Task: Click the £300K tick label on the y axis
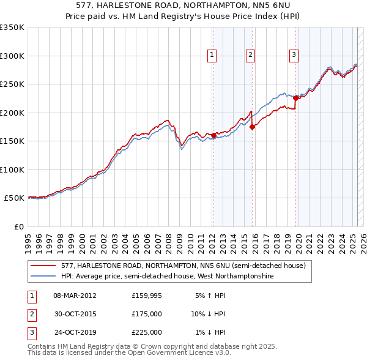[x=12, y=56]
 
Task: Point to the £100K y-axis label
[x=12, y=169]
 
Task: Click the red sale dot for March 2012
[x=213, y=135]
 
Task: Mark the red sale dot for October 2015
[x=253, y=127]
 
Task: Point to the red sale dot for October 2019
[x=296, y=98]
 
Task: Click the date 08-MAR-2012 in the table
[x=75, y=296]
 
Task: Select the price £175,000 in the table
[x=147, y=314]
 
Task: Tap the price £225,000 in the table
[x=147, y=332]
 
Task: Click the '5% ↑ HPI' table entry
[x=210, y=296]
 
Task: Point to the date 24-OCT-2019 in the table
[x=75, y=332]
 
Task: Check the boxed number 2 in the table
[x=31, y=314]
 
